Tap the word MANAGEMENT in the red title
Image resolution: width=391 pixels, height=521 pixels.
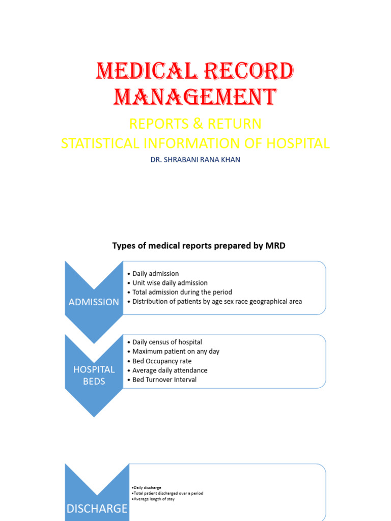pos(195,97)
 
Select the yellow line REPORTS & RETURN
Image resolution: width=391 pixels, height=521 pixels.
pos(195,124)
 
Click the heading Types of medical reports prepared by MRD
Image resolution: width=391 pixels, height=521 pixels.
pos(199,246)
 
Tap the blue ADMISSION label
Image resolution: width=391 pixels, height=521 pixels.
pos(94,302)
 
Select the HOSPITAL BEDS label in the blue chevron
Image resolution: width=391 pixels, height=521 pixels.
pos(94,375)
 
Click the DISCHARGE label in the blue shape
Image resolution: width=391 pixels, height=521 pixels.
pos(97,508)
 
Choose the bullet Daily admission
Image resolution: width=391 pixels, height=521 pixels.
pos(155,274)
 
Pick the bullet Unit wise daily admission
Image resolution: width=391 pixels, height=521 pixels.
pos(170,283)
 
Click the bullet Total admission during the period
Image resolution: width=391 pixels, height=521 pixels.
pos(182,292)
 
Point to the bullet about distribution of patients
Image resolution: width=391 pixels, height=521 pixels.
pos(217,301)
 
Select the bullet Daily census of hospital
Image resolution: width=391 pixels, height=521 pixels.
pos(167,342)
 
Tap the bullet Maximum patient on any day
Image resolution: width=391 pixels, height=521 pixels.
pos(176,351)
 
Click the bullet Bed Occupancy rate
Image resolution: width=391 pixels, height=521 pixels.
pos(162,361)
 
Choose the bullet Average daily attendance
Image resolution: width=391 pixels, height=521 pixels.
pos(170,370)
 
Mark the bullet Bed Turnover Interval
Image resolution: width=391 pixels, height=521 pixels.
pos(164,380)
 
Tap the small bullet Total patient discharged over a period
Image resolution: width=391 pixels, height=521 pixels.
pos(167,493)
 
